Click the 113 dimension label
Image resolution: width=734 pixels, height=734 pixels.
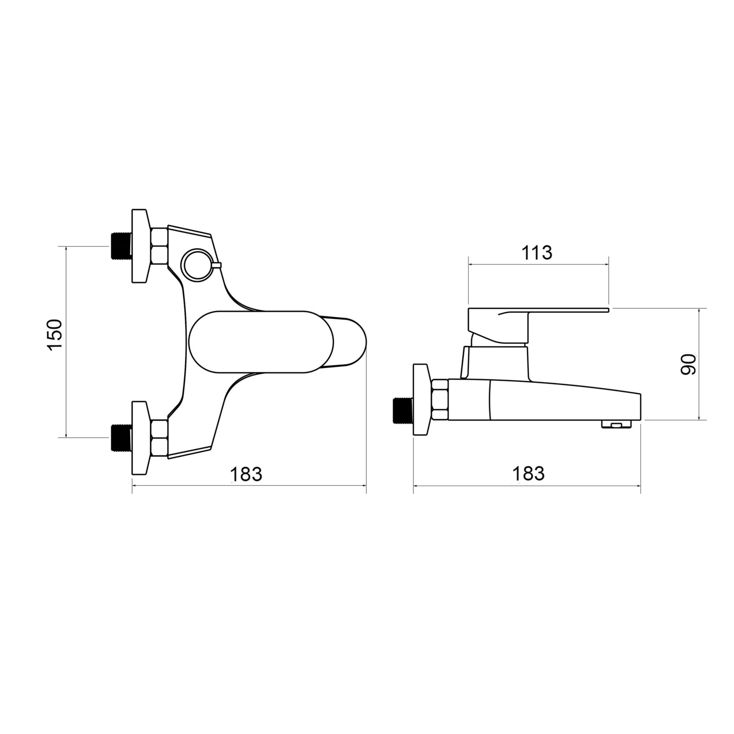click(536, 253)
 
